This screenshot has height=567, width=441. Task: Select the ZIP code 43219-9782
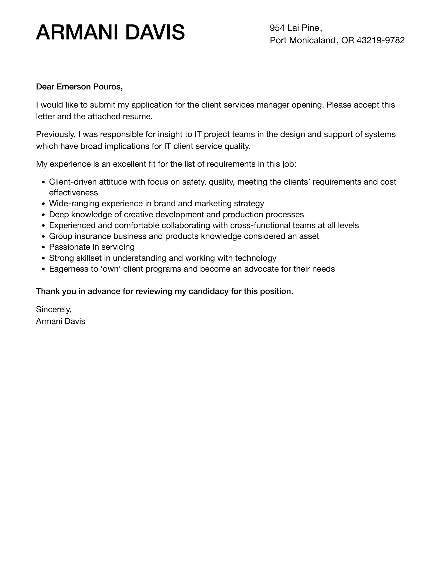380,40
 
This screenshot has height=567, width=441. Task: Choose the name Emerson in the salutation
73,87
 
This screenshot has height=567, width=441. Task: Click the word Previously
55,134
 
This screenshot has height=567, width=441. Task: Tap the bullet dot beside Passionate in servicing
44,248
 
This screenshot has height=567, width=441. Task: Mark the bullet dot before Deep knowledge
44,215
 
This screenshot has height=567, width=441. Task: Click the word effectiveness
73,193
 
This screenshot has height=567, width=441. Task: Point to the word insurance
93,236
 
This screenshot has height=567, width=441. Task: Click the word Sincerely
54,309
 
